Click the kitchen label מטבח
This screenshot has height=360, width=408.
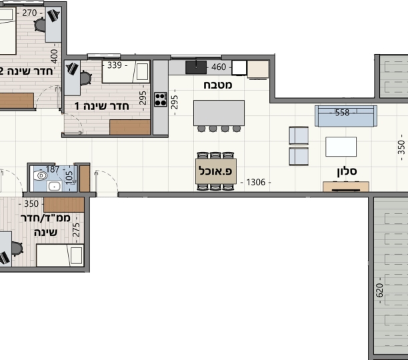point(217,85)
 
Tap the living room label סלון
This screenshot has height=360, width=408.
point(347,171)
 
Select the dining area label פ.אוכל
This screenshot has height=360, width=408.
point(215,171)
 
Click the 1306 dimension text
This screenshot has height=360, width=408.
point(256,183)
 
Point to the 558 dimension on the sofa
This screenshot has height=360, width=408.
point(342,113)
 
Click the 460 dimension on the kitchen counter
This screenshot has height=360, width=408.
point(219,67)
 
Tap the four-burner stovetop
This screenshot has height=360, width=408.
point(161,99)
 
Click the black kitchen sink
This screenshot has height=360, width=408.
point(196,67)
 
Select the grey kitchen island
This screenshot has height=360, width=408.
point(219,113)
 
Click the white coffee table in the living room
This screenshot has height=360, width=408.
point(341,147)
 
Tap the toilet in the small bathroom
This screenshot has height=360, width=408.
point(40,175)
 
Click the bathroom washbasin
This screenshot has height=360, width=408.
point(55,186)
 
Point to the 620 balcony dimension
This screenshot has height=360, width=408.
point(379,290)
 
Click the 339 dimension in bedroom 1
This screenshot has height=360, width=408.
point(115,65)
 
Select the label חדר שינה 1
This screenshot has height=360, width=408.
point(101,106)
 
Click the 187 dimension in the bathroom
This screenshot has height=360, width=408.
point(53,169)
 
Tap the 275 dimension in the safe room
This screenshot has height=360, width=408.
point(76,230)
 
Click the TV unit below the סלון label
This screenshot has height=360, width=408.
point(346,187)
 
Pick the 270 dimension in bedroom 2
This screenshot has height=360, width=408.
point(29,13)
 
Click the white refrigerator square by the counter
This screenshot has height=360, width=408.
point(239,67)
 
